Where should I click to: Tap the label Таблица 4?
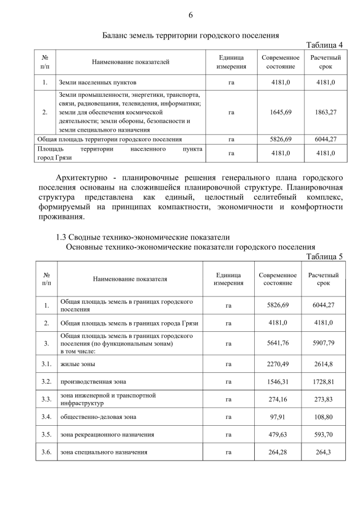tap(324, 45)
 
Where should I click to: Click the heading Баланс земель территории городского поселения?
tap(191, 35)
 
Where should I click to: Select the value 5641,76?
tap(278, 343)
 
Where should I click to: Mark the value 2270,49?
tap(278, 364)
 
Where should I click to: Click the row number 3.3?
tap(46, 399)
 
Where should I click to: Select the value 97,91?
tap(278, 417)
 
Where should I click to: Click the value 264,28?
tap(278, 452)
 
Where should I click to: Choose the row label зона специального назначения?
tap(103, 452)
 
